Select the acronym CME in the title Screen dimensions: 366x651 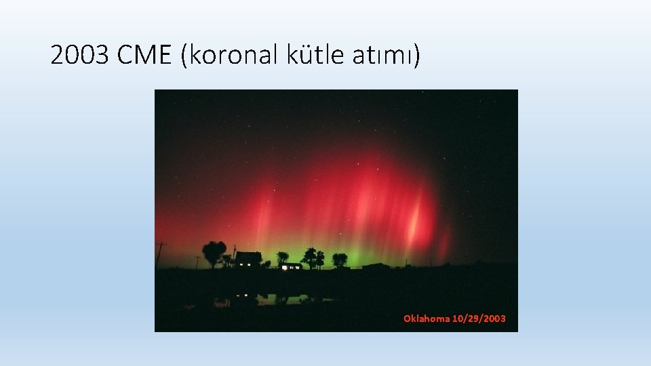[145, 56]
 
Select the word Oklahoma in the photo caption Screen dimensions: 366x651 [426, 319]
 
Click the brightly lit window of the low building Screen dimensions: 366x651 [292, 267]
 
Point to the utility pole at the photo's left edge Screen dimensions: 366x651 [161, 252]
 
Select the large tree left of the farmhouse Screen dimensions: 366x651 [214, 252]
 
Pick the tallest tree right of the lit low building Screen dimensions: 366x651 [311, 257]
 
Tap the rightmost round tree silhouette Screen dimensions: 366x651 [340, 258]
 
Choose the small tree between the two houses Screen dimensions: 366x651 [282, 258]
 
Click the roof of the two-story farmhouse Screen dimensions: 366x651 [248, 256]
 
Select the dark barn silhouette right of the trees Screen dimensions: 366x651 [375, 266]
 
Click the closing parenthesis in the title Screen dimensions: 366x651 [416, 56]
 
